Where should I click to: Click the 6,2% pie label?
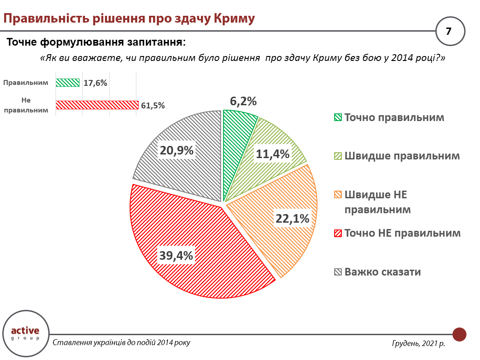click(x=243, y=101)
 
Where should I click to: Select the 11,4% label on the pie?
click(x=272, y=154)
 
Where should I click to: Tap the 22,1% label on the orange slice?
click(x=292, y=219)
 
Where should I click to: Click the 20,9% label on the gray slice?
click(x=177, y=150)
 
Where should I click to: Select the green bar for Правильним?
click(x=68, y=83)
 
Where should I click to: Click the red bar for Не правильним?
click(x=97, y=105)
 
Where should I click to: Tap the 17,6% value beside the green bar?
click(x=95, y=83)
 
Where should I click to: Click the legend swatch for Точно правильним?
click(x=337, y=117)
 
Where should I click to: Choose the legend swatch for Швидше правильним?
click(x=337, y=156)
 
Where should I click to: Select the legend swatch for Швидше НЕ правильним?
click(x=337, y=195)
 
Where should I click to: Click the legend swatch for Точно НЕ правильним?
click(x=337, y=234)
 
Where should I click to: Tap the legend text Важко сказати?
click(x=382, y=272)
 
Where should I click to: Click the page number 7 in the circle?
click(x=448, y=31)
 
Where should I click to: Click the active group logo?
click(x=25, y=332)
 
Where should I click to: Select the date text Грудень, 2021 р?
click(x=418, y=343)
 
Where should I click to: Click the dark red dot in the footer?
click(x=459, y=335)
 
